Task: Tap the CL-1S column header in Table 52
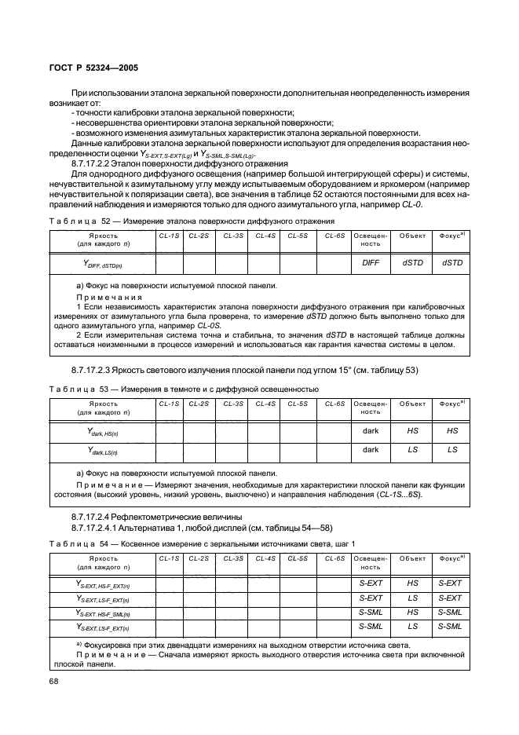click(x=169, y=236)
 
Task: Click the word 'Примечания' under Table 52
click(x=108, y=298)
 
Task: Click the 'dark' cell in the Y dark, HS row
click(x=370, y=430)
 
